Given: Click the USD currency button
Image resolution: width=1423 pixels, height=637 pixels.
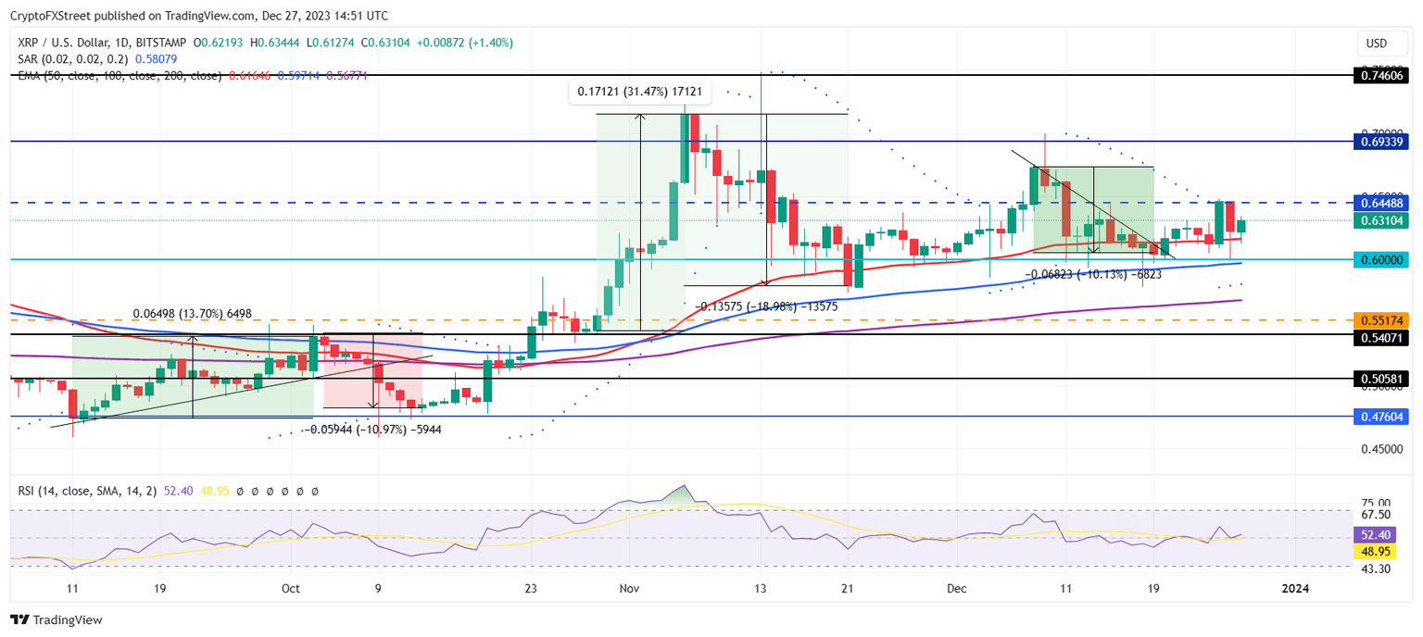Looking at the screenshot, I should (x=1377, y=44).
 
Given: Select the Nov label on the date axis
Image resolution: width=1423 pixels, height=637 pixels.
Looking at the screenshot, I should (x=630, y=588).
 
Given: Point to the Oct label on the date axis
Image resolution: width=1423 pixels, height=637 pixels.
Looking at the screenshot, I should (x=291, y=588).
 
